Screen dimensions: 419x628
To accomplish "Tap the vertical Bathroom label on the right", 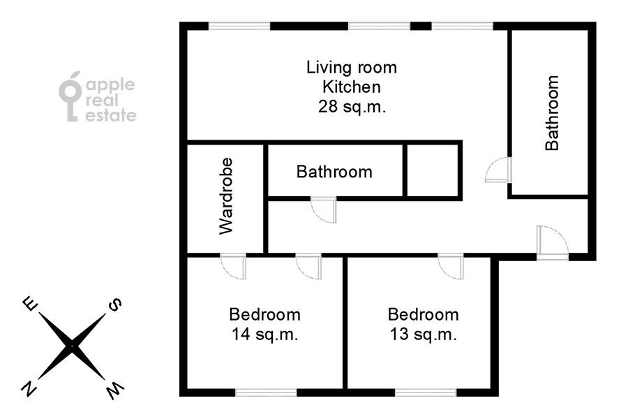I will click(553, 113).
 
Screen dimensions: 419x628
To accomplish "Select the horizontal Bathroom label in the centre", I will click(334, 172).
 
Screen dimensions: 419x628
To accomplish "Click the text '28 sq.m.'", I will click(352, 108).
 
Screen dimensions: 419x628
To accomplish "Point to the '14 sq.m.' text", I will click(265, 335).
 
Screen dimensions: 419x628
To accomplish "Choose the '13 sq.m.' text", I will click(424, 335).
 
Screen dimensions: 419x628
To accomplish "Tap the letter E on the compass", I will click(30, 304).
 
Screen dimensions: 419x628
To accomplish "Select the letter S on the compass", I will click(114, 304).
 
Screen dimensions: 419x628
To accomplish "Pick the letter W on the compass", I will click(114, 391).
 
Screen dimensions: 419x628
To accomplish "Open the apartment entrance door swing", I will click(552, 243).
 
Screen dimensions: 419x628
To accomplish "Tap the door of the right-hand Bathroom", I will click(499, 170).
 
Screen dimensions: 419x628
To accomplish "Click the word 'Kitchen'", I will click(352, 87).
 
